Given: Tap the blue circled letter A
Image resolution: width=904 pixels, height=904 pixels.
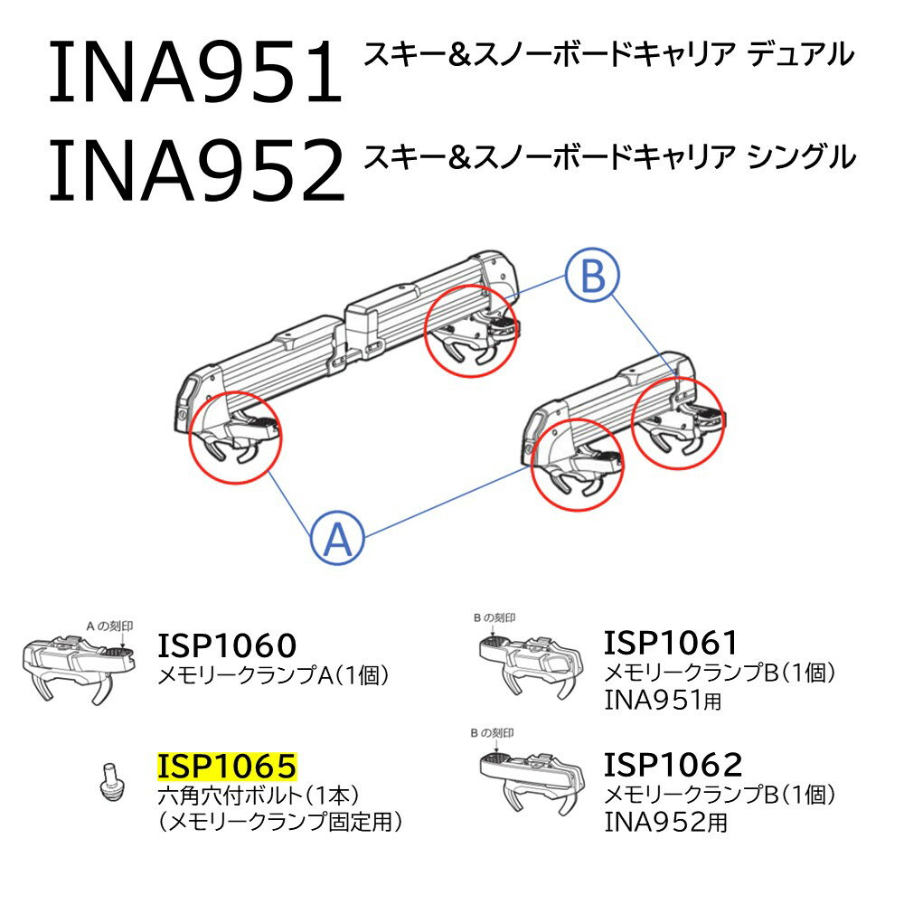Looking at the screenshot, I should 337,540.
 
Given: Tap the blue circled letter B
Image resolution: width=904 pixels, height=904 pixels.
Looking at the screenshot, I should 592,277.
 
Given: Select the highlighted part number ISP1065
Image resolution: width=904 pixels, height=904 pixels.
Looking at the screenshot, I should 227,767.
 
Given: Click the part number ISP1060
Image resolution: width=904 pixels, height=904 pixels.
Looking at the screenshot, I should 227,645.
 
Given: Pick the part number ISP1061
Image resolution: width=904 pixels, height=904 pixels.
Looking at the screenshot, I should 672,642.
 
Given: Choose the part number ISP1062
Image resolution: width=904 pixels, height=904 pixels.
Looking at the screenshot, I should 673,764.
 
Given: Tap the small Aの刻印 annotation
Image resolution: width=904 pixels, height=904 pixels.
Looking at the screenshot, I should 108,625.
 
